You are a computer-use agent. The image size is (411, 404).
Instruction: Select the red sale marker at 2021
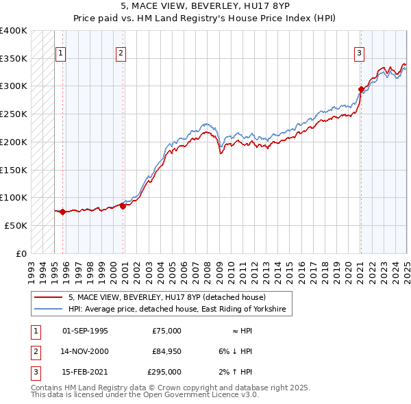pos(361,88)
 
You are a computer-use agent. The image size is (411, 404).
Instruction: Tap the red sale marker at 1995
pos(62,212)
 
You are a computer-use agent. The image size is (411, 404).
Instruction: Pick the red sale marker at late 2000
pos(123,205)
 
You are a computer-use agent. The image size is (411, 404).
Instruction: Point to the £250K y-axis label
pos(14,114)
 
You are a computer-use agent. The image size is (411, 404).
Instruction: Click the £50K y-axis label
pos(16,225)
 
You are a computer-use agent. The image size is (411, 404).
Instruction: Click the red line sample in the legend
pos(49,298)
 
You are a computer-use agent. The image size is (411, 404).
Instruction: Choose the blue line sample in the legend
pos(49,310)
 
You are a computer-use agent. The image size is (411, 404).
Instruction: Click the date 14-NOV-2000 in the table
pos(85,351)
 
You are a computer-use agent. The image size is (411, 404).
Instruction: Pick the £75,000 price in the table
pos(166,331)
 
